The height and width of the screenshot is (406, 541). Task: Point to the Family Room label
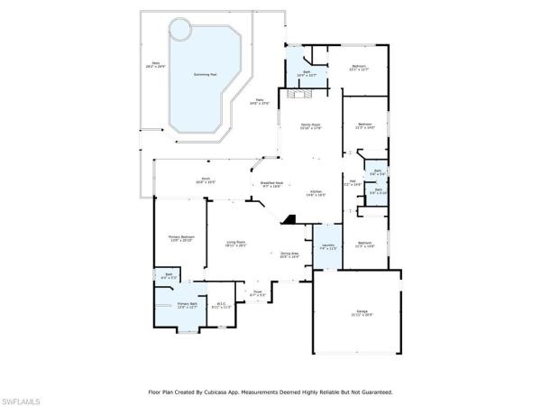click(310, 125)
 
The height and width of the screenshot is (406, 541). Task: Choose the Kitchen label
click(316, 193)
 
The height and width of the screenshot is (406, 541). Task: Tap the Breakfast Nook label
click(272, 184)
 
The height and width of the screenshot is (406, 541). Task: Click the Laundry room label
click(326, 247)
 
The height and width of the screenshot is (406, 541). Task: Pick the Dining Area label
click(289, 255)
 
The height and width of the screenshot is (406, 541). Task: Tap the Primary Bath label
click(187, 306)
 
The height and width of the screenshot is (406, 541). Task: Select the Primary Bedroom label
click(181, 239)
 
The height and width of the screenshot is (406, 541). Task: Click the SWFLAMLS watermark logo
click(23, 398)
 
